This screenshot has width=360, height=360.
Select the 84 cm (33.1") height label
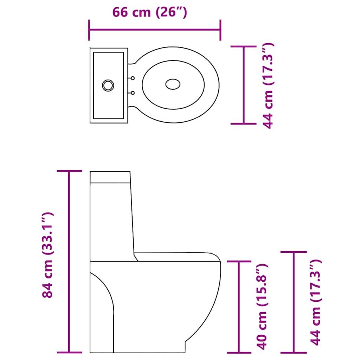tap(47, 255)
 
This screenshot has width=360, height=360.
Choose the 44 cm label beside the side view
tap(316, 302)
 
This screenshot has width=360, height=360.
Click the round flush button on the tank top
tap(108, 85)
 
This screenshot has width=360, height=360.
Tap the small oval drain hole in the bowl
tap(173, 84)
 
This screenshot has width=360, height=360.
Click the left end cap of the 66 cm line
tap(89, 30)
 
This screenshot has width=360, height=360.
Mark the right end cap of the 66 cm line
tap(220, 30)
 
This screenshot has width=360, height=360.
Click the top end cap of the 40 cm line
tap(239, 261)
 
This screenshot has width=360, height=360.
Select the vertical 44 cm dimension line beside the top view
tap(244, 85)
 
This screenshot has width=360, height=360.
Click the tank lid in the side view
tap(110, 177)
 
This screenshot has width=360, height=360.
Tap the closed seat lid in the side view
tap(176, 257)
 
